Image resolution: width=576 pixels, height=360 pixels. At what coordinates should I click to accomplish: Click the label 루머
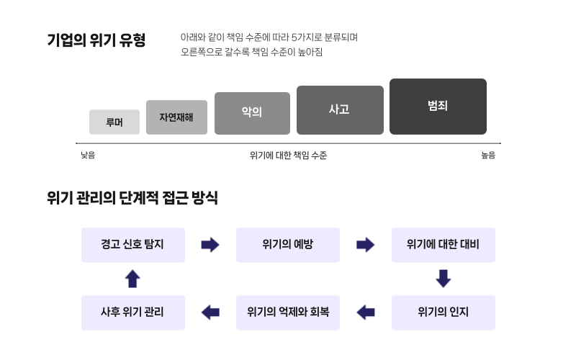click(114, 122)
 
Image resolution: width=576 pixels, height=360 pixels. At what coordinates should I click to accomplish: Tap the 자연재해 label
click(176, 117)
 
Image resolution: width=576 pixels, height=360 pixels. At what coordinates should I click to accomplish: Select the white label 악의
click(251, 112)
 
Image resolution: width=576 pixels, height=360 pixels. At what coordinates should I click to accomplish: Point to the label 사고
click(339, 109)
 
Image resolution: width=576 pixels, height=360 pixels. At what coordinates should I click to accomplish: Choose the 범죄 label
click(438, 106)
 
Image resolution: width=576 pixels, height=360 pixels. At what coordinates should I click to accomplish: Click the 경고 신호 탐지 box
click(133, 245)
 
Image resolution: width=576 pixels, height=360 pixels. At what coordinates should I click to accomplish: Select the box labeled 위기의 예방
click(288, 245)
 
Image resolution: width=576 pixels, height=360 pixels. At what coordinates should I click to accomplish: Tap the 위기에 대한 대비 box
click(443, 245)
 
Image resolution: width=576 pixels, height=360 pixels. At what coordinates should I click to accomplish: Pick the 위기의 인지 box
click(443, 312)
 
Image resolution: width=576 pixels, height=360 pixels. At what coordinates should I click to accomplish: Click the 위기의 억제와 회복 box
click(288, 312)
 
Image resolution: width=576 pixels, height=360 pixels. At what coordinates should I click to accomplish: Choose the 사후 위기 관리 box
click(133, 312)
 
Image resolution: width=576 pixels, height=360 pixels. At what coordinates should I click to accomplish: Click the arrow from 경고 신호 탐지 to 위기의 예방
click(210, 245)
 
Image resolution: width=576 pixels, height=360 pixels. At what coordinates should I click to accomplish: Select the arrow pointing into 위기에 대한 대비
click(366, 245)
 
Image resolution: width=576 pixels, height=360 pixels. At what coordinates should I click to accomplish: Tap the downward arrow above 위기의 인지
click(444, 279)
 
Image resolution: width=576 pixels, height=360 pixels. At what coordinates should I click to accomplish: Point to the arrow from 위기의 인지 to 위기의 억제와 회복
click(366, 312)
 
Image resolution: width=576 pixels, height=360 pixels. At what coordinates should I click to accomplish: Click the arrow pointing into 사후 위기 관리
click(210, 312)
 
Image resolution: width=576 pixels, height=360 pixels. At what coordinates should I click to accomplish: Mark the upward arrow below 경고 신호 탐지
click(132, 279)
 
